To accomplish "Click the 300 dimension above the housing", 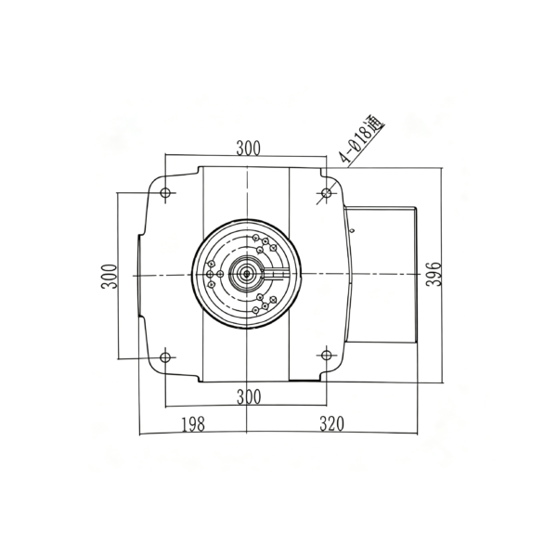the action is (x=248, y=149).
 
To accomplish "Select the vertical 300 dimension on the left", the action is (x=109, y=277).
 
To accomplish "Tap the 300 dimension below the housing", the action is (x=249, y=397).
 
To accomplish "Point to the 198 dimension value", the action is (x=193, y=424).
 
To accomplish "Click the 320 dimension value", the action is (x=331, y=423).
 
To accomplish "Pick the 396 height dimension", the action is (x=433, y=274).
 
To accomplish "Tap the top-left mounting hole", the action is (x=165, y=193).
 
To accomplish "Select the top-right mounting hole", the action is (x=326, y=193).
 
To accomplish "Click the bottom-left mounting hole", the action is (x=165, y=357).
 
